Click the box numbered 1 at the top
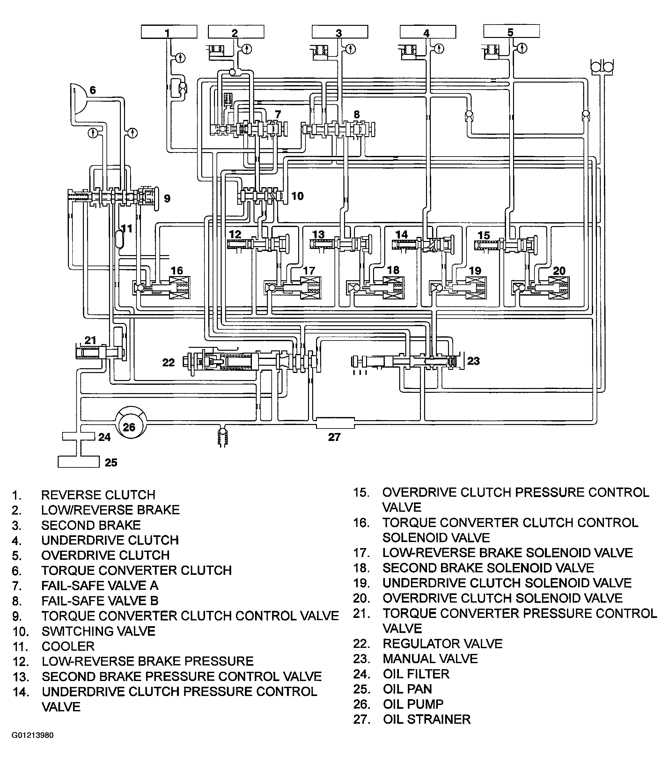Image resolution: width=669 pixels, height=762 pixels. coord(169,32)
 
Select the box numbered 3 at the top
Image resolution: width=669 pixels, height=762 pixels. coord(340,32)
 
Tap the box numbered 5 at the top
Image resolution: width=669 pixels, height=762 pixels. coord(511,31)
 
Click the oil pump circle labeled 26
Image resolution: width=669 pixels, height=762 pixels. coord(130,422)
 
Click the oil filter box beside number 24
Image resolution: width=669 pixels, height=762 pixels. coord(78,436)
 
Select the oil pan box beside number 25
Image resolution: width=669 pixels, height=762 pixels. coord(78,462)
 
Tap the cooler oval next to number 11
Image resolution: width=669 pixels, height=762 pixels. coord(119,239)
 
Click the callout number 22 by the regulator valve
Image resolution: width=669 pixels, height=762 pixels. coord(169,363)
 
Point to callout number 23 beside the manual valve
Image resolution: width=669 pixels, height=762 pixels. coord(473,361)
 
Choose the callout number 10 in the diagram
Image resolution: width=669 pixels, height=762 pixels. coord(297,196)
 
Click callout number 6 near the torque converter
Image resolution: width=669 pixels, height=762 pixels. coord(92,90)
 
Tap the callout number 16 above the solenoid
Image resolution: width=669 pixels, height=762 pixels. coord(177,271)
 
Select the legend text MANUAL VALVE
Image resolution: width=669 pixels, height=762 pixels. coord(430,659)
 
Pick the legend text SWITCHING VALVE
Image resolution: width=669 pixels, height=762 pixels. coord(99,631)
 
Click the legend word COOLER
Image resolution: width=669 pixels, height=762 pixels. coord(68,646)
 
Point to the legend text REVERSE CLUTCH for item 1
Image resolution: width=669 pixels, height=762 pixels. coord(98,495)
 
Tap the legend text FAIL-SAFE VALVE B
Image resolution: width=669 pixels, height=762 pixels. coord(99,601)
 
